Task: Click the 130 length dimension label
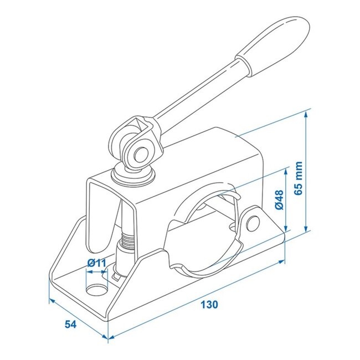pyautogui.click(x=209, y=304)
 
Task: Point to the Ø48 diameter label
pyautogui.click(x=279, y=200)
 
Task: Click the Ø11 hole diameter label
pyautogui.click(x=96, y=263)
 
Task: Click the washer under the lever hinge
pyautogui.click(x=135, y=176)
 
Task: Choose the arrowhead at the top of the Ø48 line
pyautogui.click(x=285, y=169)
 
